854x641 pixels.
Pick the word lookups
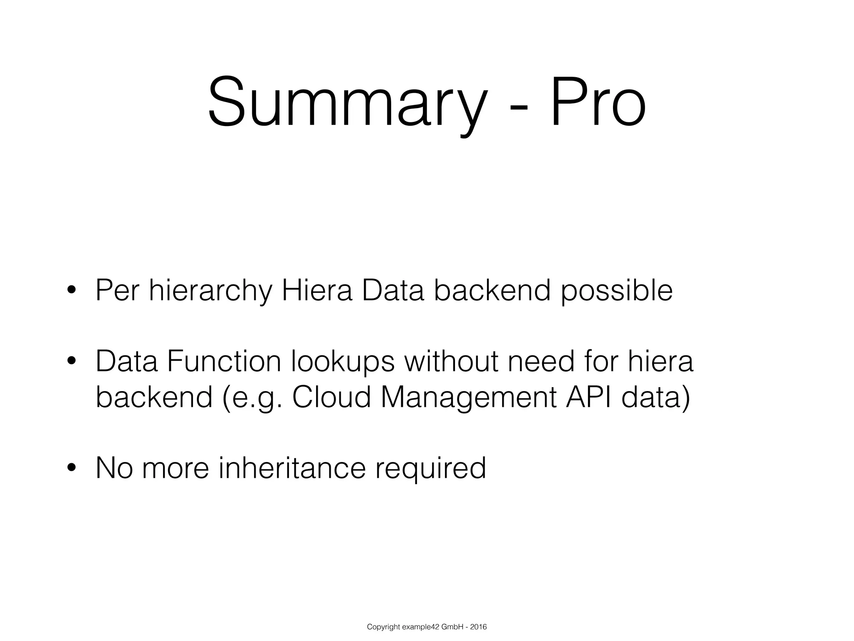[x=343, y=362]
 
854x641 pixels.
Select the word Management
[x=469, y=398]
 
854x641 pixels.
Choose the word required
[x=431, y=469]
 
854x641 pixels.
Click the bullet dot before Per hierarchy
[x=71, y=291]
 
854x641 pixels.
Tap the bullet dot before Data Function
[x=71, y=361]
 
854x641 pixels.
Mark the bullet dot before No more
[x=71, y=468]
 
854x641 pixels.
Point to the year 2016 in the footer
[x=478, y=627]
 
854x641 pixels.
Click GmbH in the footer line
[x=451, y=627]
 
